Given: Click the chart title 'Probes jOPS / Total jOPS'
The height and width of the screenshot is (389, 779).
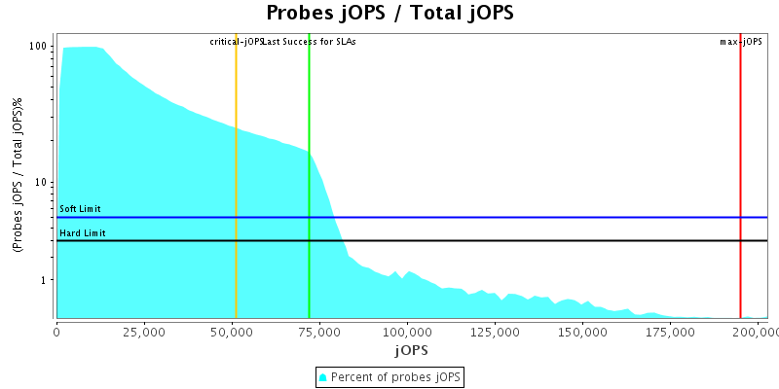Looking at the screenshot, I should (389, 13).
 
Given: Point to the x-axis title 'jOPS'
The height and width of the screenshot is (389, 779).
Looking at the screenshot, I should (412, 349).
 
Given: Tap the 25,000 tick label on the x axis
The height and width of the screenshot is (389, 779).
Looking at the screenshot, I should (144, 332).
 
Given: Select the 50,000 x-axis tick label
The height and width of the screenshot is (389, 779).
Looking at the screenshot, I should (232, 332).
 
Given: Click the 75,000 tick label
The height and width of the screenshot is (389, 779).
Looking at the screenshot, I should (319, 332).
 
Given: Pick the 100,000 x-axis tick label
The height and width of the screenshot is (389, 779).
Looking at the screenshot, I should (407, 332).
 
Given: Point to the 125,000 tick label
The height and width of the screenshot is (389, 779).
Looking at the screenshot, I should (495, 332).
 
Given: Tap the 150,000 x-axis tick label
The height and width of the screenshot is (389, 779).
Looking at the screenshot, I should (582, 332).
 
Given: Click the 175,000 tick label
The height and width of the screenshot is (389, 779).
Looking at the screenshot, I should (670, 332).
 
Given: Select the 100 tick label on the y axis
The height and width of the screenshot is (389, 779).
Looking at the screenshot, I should (39, 47).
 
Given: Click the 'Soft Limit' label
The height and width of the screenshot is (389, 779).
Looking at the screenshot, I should (80, 209).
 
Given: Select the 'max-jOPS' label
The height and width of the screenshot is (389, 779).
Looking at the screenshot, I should (741, 42).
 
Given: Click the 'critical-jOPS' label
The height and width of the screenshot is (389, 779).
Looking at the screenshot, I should (237, 42).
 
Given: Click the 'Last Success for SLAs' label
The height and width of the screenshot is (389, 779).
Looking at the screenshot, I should (309, 42).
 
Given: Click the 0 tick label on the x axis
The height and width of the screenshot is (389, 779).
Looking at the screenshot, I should (56, 332).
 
